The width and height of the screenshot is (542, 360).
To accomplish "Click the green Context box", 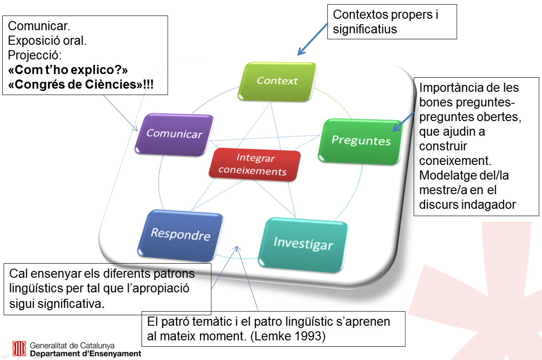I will coord(278,81).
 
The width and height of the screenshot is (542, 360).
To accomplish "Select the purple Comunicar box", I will coord(174,134).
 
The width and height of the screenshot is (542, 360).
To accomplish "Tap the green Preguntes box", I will coord(361,140).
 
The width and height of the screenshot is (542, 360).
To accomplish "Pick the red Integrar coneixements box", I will coord(255,165).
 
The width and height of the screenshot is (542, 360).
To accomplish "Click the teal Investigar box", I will coord(303,244).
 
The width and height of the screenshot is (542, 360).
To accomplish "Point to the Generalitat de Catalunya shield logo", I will coord(20,349).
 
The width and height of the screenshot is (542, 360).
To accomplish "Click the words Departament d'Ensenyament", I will coord(85,354).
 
